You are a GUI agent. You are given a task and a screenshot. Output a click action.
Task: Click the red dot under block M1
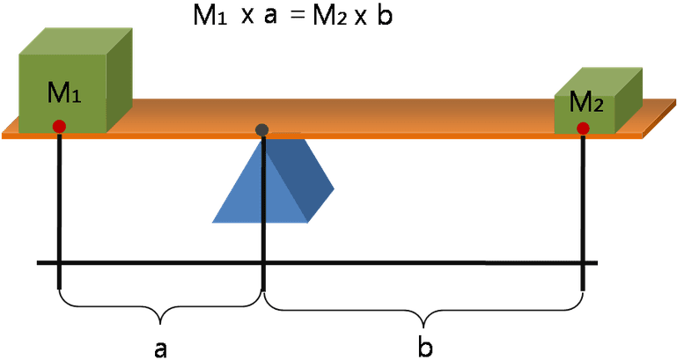(x=59, y=127)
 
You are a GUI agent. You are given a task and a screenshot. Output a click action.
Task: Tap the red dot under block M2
(x=583, y=129)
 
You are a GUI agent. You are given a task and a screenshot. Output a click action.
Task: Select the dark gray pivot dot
(x=262, y=129)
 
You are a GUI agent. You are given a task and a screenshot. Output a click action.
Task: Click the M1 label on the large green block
(x=64, y=92)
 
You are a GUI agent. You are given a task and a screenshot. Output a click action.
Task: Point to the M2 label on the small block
(x=586, y=103)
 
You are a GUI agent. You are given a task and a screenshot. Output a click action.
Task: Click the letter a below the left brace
(x=160, y=349)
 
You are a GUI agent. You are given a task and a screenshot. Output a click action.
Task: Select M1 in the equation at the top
(x=210, y=15)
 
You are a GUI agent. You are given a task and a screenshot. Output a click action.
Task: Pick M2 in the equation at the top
(x=330, y=15)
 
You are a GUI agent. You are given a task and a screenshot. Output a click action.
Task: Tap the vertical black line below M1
(x=59, y=211)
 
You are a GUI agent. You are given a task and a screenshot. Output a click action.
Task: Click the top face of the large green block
(x=76, y=41)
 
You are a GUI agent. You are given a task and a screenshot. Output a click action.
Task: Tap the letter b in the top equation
(x=385, y=15)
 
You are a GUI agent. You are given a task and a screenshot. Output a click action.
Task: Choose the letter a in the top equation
(x=270, y=18)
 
